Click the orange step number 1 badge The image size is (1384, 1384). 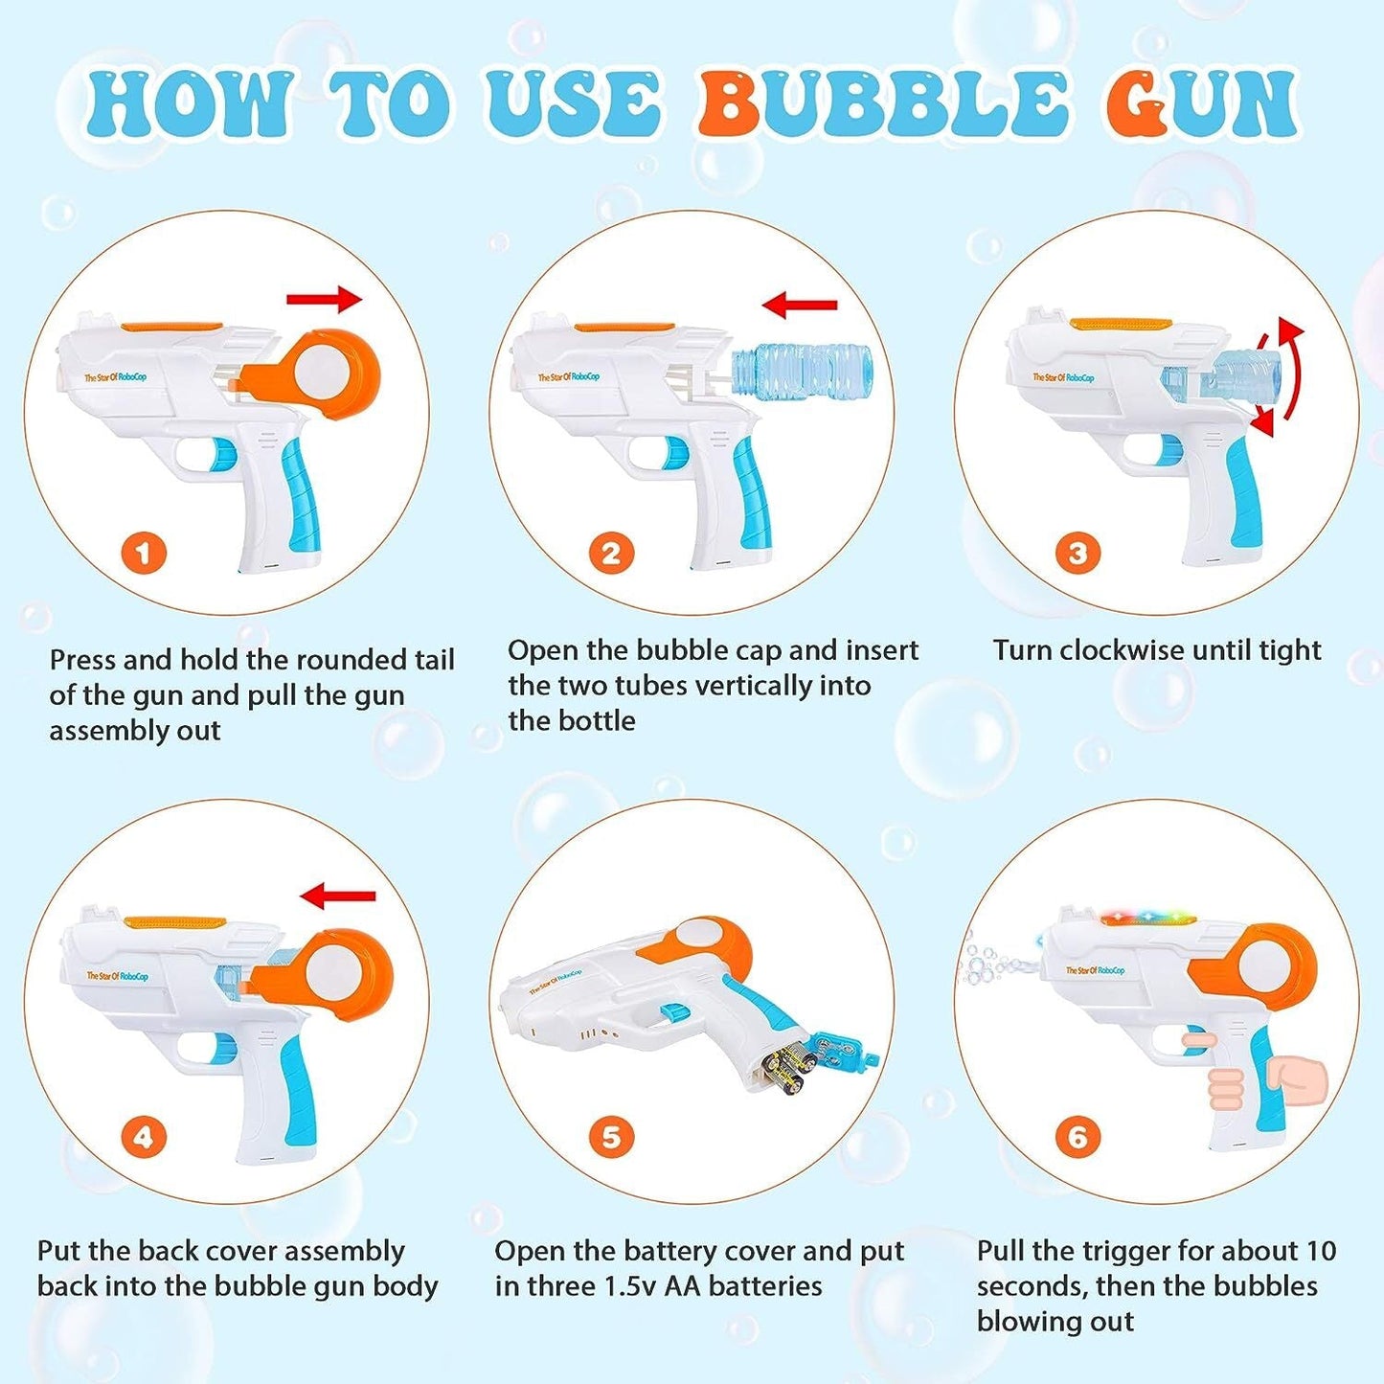[x=144, y=553]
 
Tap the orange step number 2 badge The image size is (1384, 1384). [x=611, y=553]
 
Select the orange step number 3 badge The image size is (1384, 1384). [x=1078, y=553]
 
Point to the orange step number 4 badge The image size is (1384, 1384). [x=144, y=1137]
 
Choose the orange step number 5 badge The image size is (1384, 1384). [x=611, y=1137]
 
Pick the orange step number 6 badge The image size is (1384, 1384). [x=1078, y=1137]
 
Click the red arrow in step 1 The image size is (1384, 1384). [x=325, y=300]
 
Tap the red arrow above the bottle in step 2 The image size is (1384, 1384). [x=800, y=306]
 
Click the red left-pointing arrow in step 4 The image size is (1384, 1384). [x=338, y=896]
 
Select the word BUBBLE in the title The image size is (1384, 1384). [x=882, y=103]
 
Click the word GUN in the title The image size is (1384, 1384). [x=1201, y=103]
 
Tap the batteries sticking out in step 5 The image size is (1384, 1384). [x=791, y=1069]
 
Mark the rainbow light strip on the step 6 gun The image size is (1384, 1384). [x=1148, y=919]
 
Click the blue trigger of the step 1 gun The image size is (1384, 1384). [x=222, y=454]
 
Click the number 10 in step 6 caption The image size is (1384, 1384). [x=1320, y=1251]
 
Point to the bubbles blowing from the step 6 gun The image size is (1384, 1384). [x=991, y=962]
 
